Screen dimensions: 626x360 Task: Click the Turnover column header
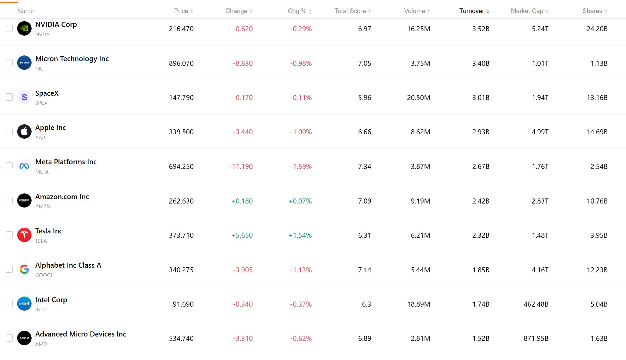click(x=472, y=11)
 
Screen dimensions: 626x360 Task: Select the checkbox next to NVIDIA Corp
click(x=9, y=29)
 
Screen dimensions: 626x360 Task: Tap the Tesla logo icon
click(x=24, y=235)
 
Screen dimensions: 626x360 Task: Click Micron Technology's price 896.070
click(x=181, y=63)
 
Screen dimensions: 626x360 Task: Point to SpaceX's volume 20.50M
click(x=418, y=98)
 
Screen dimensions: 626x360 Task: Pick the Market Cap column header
click(x=527, y=11)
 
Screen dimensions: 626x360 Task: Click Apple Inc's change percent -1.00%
click(x=301, y=132)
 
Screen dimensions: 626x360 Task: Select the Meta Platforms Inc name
click(x=66, y=162)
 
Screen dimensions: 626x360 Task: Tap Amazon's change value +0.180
click(x=242, y=201)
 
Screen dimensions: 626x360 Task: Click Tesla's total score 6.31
click(x=365, y=235)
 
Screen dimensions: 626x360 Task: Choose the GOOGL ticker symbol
click(x=44, y=275)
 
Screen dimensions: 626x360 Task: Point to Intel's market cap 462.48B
click(x=536, y=304)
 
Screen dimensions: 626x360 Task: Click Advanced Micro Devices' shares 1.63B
click(x=599, y=339)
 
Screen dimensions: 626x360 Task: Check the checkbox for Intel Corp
click(x=9, y=304)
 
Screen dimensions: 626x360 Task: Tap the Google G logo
click(x=24, y=269)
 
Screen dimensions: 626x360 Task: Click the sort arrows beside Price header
click(x=192, y=11)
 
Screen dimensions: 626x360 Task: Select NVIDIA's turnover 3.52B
click(x=481, y=29)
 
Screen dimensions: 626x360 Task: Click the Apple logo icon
click(x=24, y=132)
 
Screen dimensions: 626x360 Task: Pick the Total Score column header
click(x=350, y=11)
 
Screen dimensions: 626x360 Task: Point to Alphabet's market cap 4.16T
click(x=540, y=270)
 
